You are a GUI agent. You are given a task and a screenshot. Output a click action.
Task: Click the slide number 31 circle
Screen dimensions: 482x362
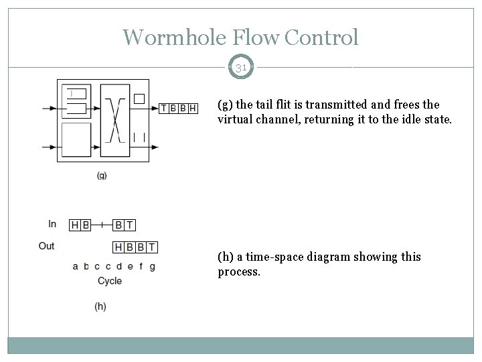(241, 67)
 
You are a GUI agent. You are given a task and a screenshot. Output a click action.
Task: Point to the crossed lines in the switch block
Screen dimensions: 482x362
(113, 118)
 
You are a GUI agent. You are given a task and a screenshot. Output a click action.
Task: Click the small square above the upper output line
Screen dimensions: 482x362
(139, 98)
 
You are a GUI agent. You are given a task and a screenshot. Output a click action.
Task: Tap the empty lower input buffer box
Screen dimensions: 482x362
(76, 144)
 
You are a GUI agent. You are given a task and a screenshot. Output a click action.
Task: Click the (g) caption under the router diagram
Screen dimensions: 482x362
(102, 176)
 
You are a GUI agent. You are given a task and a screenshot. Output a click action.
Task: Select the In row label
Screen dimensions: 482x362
(52, 224)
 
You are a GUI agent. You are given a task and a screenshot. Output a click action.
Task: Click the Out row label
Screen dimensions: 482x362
(47, 246)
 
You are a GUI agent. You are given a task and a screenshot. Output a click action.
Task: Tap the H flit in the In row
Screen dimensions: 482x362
(75, 225)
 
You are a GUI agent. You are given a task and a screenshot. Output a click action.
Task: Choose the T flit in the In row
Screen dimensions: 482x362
(129, 225)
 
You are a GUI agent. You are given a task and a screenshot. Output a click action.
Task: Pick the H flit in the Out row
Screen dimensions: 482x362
(118, 247)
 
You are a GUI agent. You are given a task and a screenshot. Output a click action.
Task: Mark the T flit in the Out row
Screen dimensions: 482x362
(152, 247)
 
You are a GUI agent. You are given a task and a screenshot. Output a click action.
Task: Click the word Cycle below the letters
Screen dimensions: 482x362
(110, 280)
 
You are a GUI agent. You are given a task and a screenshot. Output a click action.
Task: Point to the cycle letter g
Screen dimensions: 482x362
(152, 266)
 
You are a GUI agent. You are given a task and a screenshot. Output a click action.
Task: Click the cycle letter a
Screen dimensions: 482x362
(76, 266)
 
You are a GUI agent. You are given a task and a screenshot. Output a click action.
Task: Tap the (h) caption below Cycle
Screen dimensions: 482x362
(100, 306)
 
